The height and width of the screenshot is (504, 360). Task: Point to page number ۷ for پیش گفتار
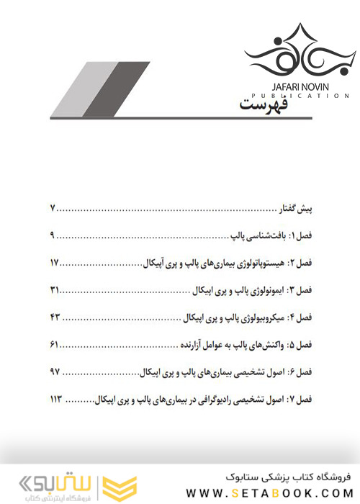pos(53,210)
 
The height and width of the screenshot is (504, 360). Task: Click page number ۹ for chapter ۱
pos(53,236)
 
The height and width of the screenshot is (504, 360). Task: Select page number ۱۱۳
pos(58,398)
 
